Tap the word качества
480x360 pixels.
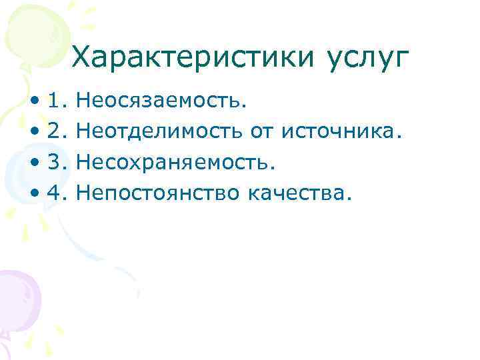pyautogui.click(x=298, y=193)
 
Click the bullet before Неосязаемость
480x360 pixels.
pyautogui.click(x=34, y=103)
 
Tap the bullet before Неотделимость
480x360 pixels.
pyautogui.click(x=34, y=133)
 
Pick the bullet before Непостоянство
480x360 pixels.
pyautogui.click(x=34, y=195)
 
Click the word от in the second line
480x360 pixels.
pyautogui.click(x=262, y=132)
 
